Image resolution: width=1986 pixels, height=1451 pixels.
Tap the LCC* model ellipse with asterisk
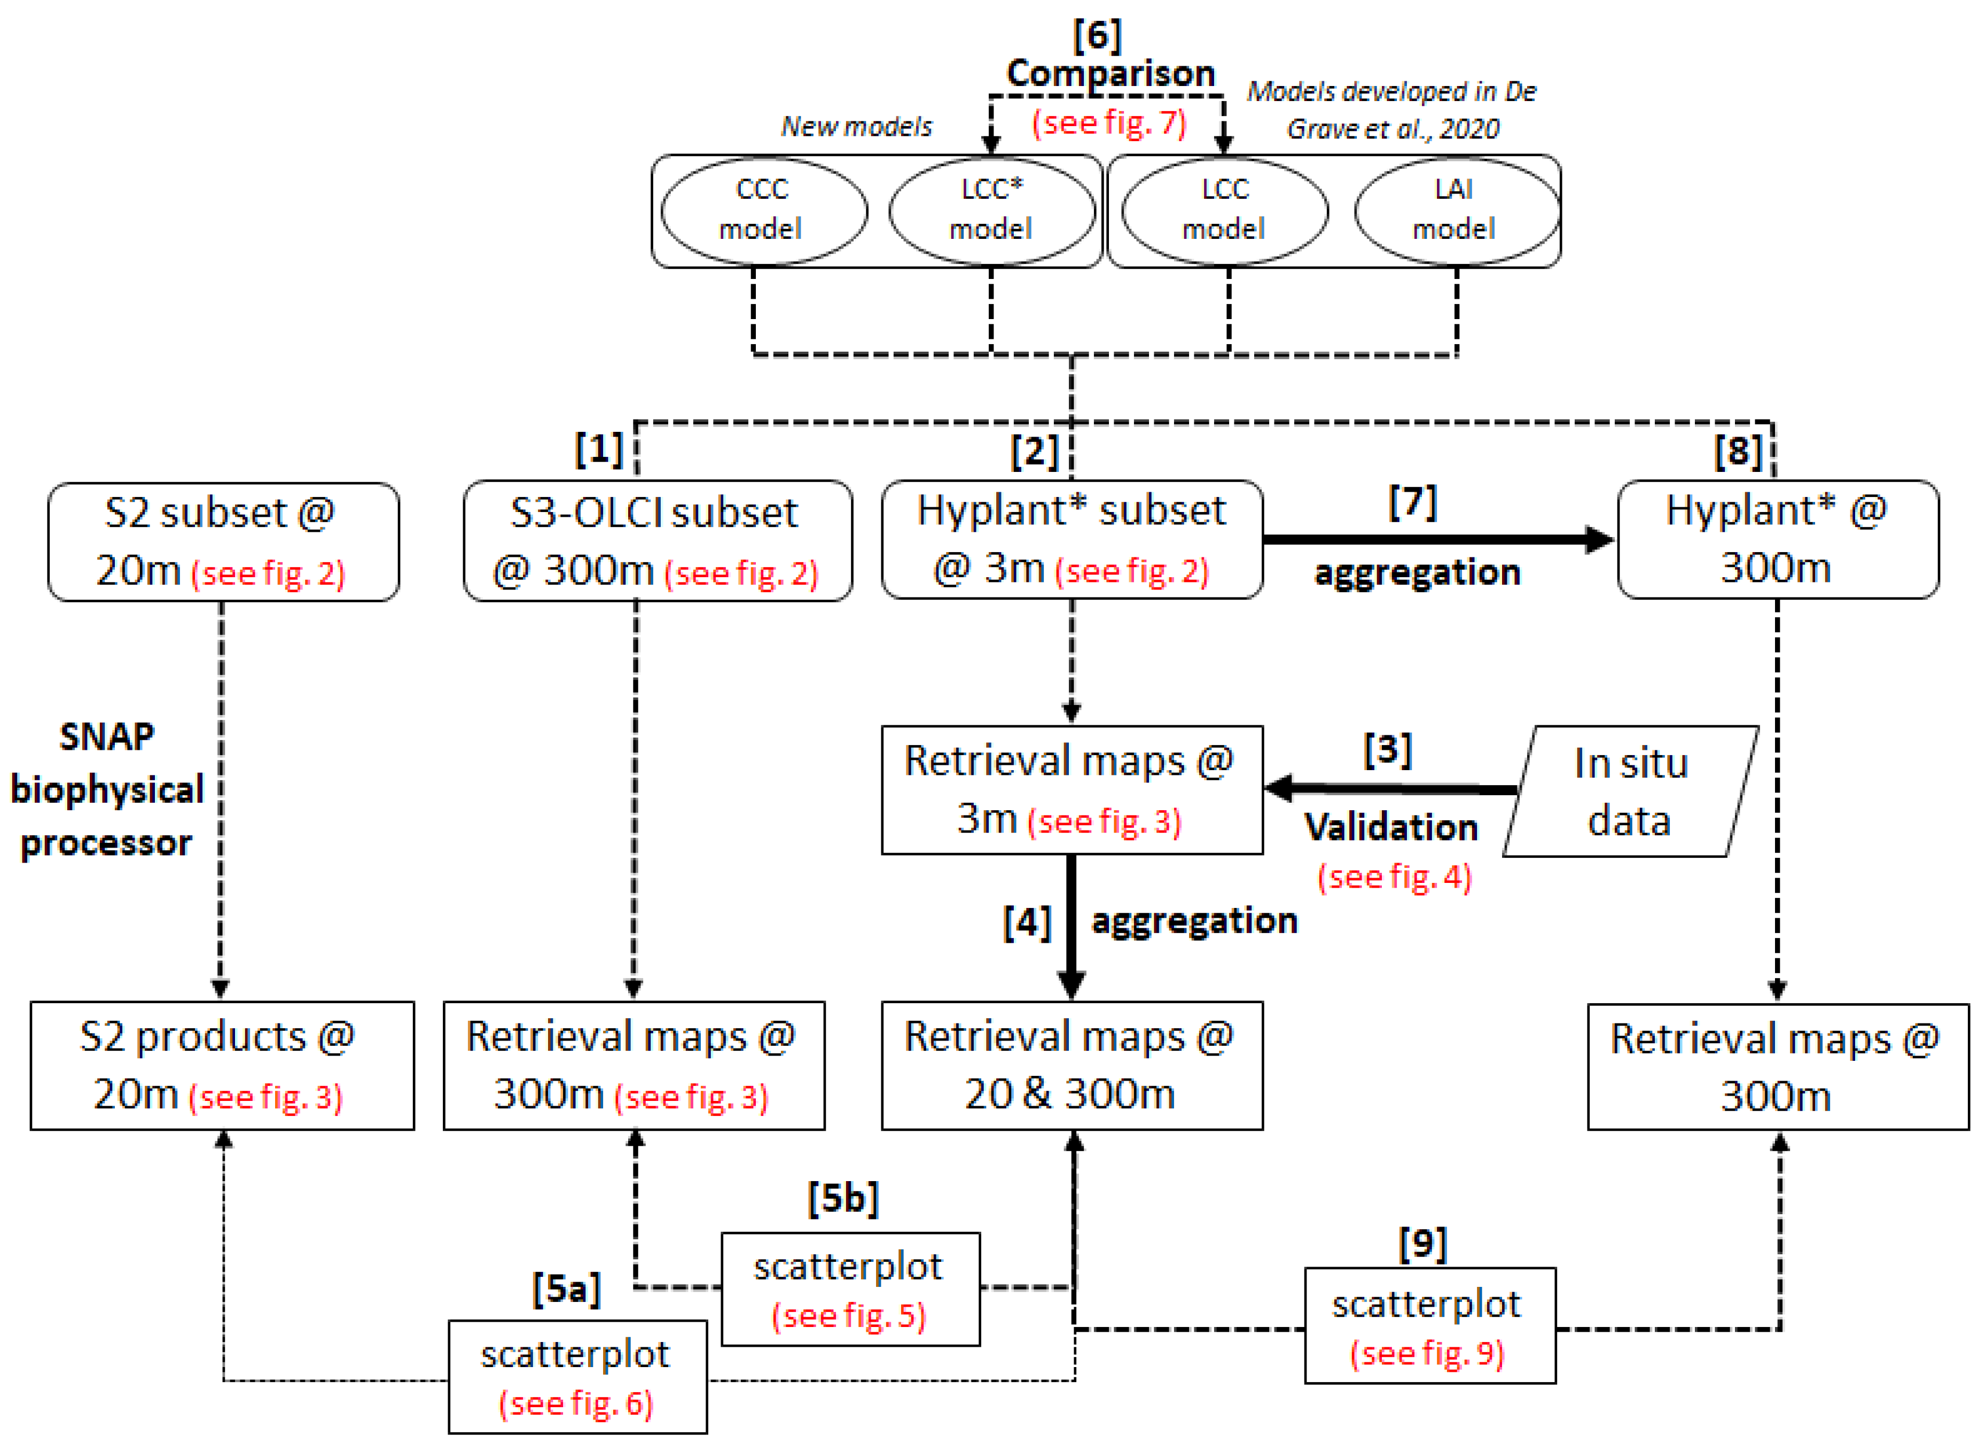pos(991,210)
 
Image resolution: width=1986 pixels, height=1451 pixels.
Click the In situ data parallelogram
pos(1630,790)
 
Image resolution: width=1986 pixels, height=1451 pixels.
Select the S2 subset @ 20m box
pos(223,541)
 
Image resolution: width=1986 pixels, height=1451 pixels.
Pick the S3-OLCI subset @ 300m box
pos(656,541)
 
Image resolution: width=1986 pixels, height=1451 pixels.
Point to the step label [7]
pos(1412,502)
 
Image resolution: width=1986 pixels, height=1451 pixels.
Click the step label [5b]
pos(843,1198)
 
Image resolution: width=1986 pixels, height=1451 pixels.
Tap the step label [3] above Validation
pos(1387,749)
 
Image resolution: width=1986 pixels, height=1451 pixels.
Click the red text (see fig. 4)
pos(1394,876)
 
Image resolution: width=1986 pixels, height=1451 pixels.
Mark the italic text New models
pos(856,127)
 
